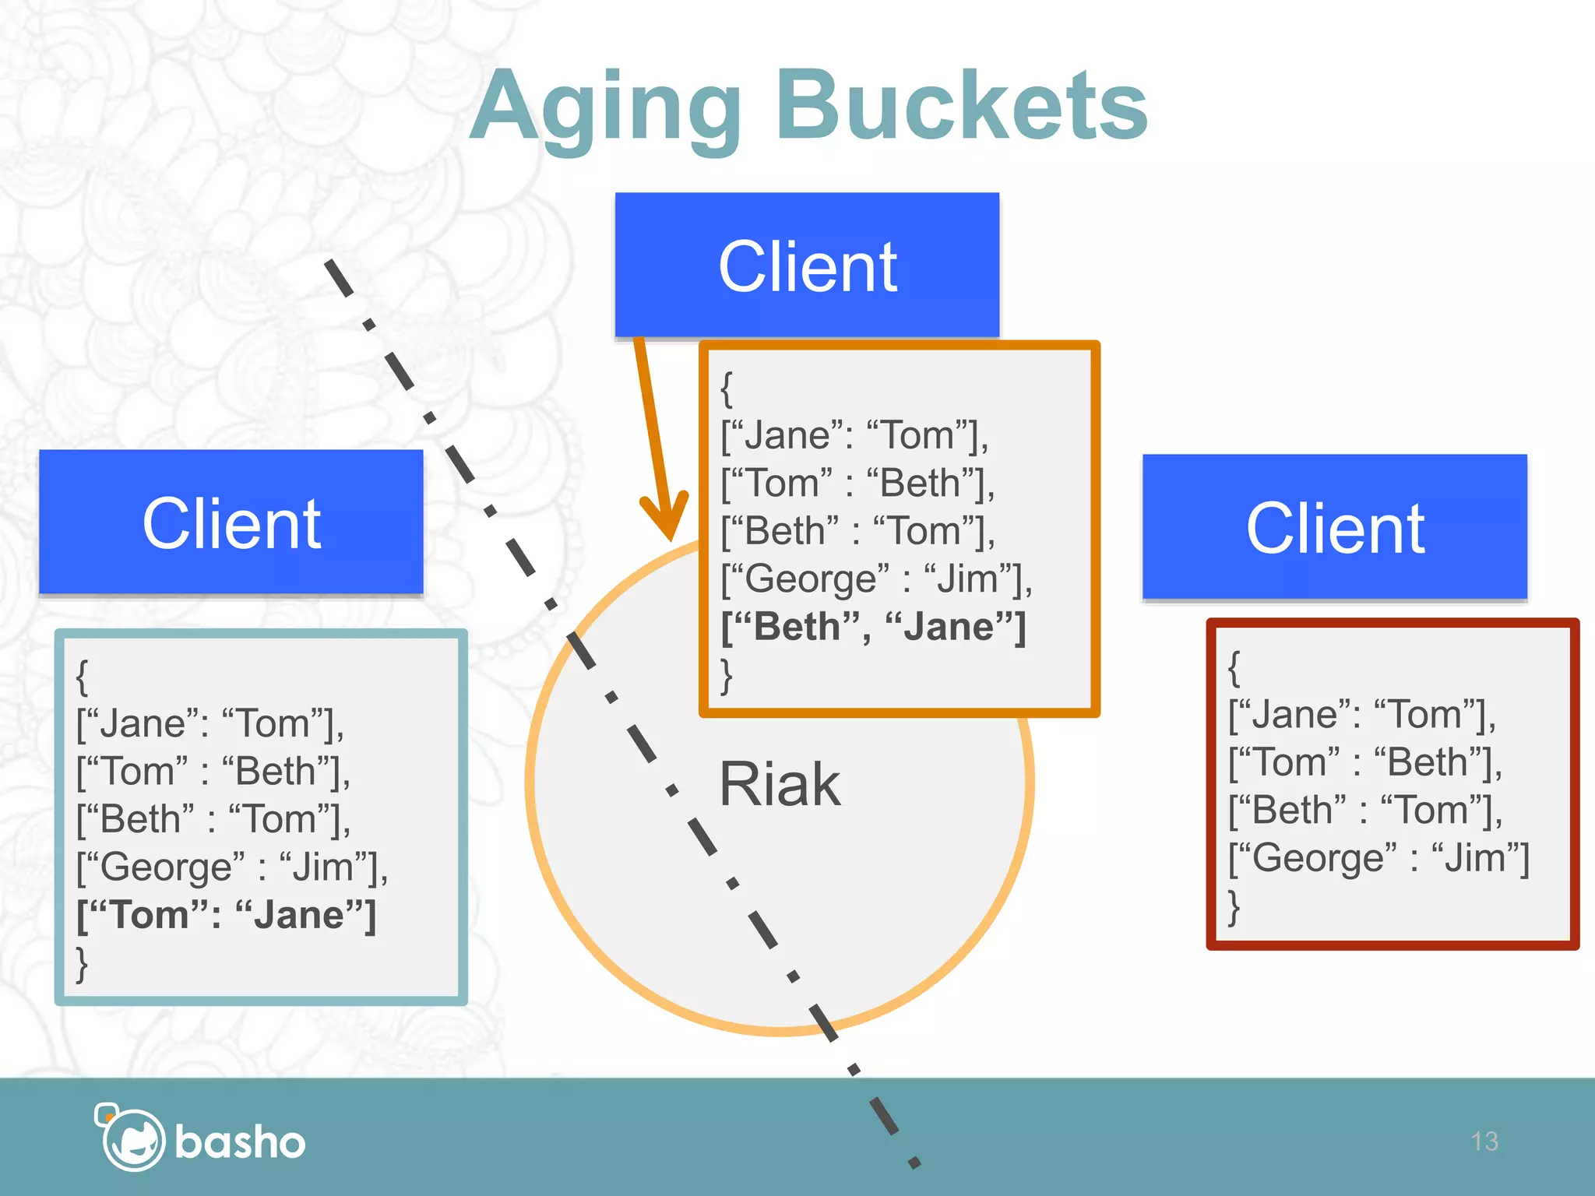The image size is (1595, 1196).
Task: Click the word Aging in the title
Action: (606, 109)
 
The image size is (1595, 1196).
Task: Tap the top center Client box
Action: (807, 266)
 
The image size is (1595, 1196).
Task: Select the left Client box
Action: (231, 522)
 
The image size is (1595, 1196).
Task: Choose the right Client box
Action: (1334, 528)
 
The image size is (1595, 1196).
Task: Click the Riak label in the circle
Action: (779, 784)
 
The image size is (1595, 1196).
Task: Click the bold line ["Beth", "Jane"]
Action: (873, 627)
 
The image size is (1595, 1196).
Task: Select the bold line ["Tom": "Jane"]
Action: (227, 915)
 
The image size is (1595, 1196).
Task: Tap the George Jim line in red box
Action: (1378, 858)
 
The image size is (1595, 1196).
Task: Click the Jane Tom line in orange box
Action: (854, 435)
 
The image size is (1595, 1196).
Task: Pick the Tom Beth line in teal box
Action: (213, 772)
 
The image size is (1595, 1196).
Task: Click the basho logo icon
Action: (130, 1138)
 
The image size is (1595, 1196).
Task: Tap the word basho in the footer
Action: (240, 1142)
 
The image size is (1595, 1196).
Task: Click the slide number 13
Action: (1484, 1141)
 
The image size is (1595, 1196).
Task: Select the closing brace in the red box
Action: (1234, 907)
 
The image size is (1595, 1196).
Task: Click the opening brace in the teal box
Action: (83, 677)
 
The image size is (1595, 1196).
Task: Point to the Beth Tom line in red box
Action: (1364, 811)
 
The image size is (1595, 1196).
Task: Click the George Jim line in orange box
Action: (876, 579)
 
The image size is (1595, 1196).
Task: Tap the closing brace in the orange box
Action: (727, 676)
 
